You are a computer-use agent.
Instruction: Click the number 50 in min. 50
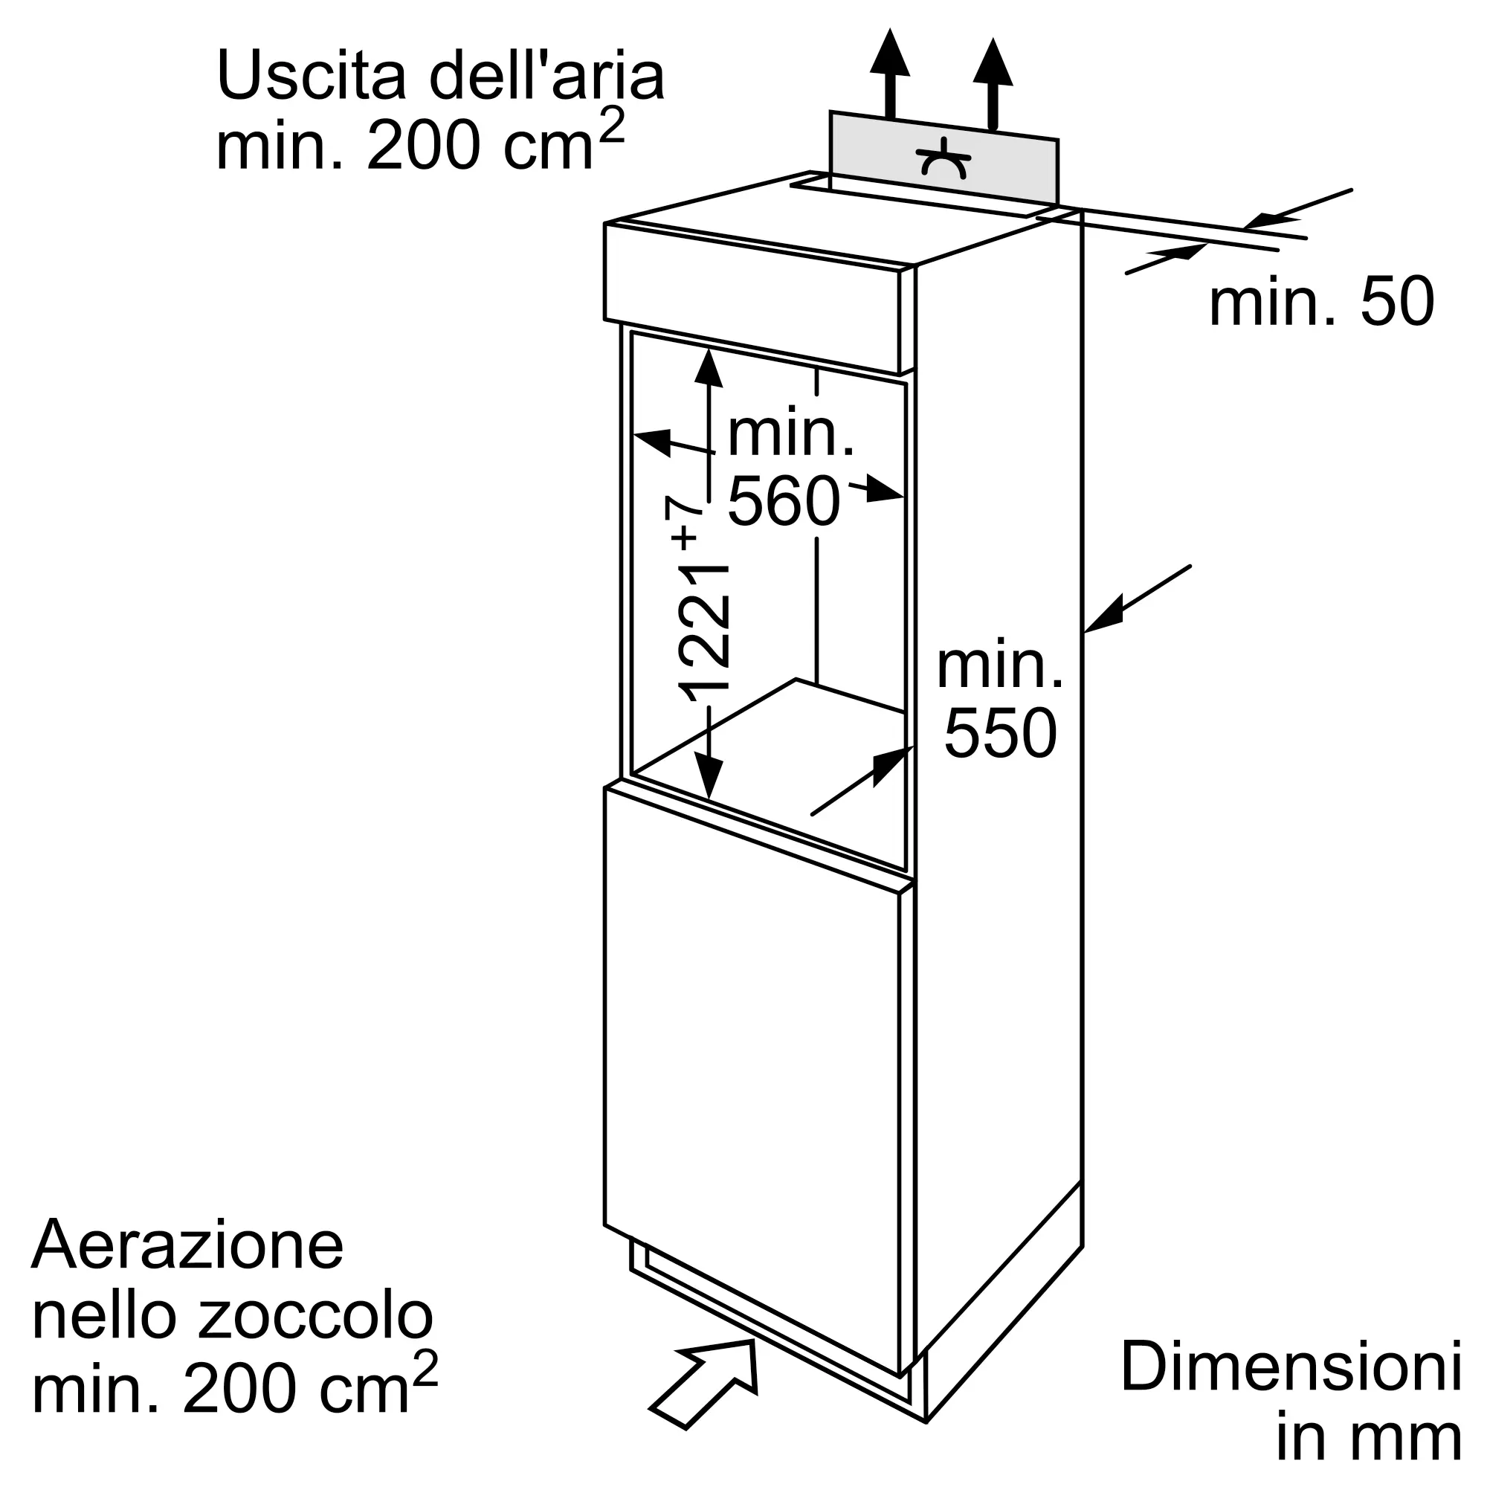(1397, 303)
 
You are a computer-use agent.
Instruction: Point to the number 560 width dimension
(783, 502)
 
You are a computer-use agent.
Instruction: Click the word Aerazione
(187, 1245)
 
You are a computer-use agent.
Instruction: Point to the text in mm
(1369, 1437)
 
